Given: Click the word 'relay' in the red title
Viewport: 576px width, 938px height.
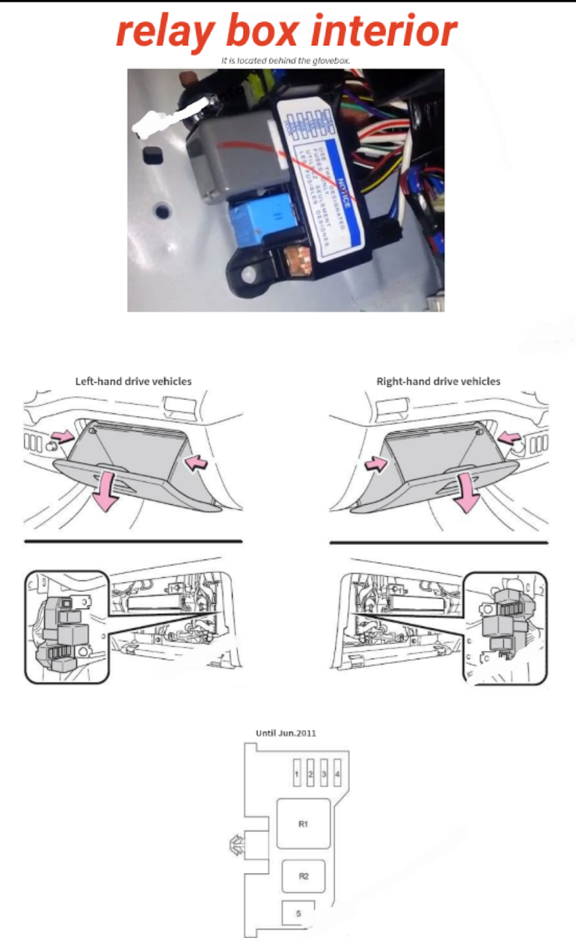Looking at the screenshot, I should click(x=165, y=32).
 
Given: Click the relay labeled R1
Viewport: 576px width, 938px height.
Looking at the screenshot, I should click(x=303, y=824).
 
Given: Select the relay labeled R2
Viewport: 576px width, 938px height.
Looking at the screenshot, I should click(x=303, y=876).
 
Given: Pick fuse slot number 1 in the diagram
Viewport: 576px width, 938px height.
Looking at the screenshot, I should click(x=296, y=773).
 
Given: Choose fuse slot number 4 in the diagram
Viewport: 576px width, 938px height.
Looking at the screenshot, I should click(x=337, y=773).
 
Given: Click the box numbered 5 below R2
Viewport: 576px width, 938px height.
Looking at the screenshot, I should click(x=298, y=913).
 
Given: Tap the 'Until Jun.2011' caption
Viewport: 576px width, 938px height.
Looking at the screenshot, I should click(x=286, y=733).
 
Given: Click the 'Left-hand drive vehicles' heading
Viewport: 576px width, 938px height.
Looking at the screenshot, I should click(x=133, y=381).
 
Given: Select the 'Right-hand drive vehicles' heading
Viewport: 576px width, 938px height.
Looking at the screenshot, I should click(x=438, y=381).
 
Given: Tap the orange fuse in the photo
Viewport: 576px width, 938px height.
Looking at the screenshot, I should click(x=296, y=261).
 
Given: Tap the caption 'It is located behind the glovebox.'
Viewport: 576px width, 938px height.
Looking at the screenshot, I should click(x=285, y=60).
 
